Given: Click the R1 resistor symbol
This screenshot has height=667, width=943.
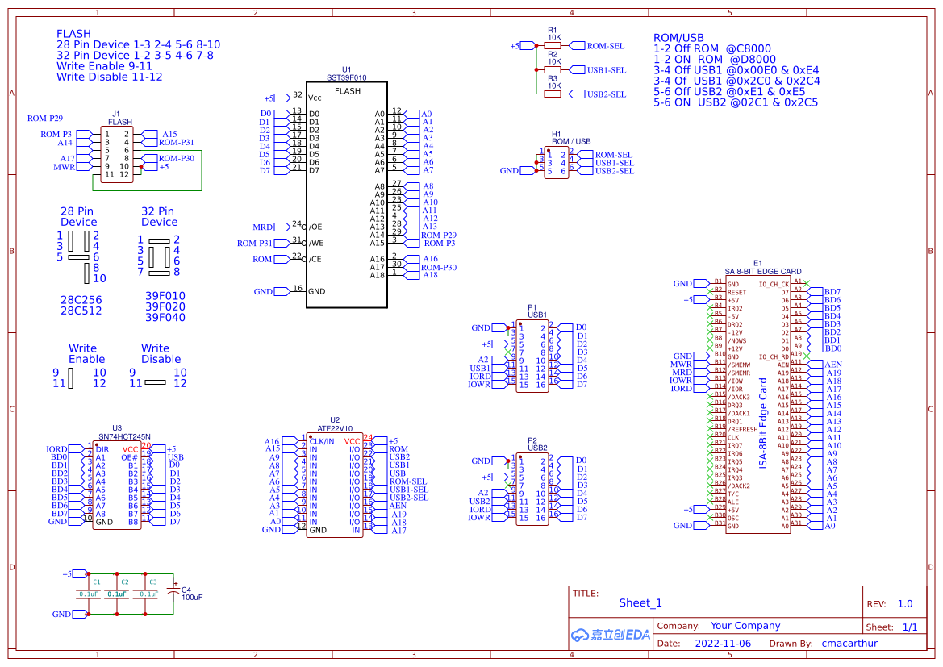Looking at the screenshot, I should [x=553, y=46].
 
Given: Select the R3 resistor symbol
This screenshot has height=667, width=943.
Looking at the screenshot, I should [x=553, y=94].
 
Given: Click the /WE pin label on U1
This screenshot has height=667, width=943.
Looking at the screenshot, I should [x=316, y=243].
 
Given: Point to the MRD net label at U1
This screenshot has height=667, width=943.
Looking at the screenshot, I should [x=263, y=227].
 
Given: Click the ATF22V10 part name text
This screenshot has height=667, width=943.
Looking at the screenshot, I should [x=335, y=429].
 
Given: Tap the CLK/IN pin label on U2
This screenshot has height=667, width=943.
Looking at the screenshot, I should [x=323, y=441].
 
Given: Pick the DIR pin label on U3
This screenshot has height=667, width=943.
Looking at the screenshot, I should [x=102, y=449].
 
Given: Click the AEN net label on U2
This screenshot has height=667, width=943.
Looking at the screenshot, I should [x=398, y=506].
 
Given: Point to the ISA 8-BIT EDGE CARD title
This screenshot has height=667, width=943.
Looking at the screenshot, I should [x=757, y=272].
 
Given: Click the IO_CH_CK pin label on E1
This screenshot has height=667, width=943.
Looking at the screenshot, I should [x=774, y=284].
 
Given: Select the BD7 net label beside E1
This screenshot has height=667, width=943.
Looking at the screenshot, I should [x=832, y=292].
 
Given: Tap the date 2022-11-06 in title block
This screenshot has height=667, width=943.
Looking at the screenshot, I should [x=722, y=644].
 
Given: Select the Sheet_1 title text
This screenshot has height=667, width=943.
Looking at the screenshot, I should [x=640, y=602].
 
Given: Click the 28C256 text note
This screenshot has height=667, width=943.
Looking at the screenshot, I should [x=81, y=299].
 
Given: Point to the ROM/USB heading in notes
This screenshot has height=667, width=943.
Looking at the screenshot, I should [x=678, y=38].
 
